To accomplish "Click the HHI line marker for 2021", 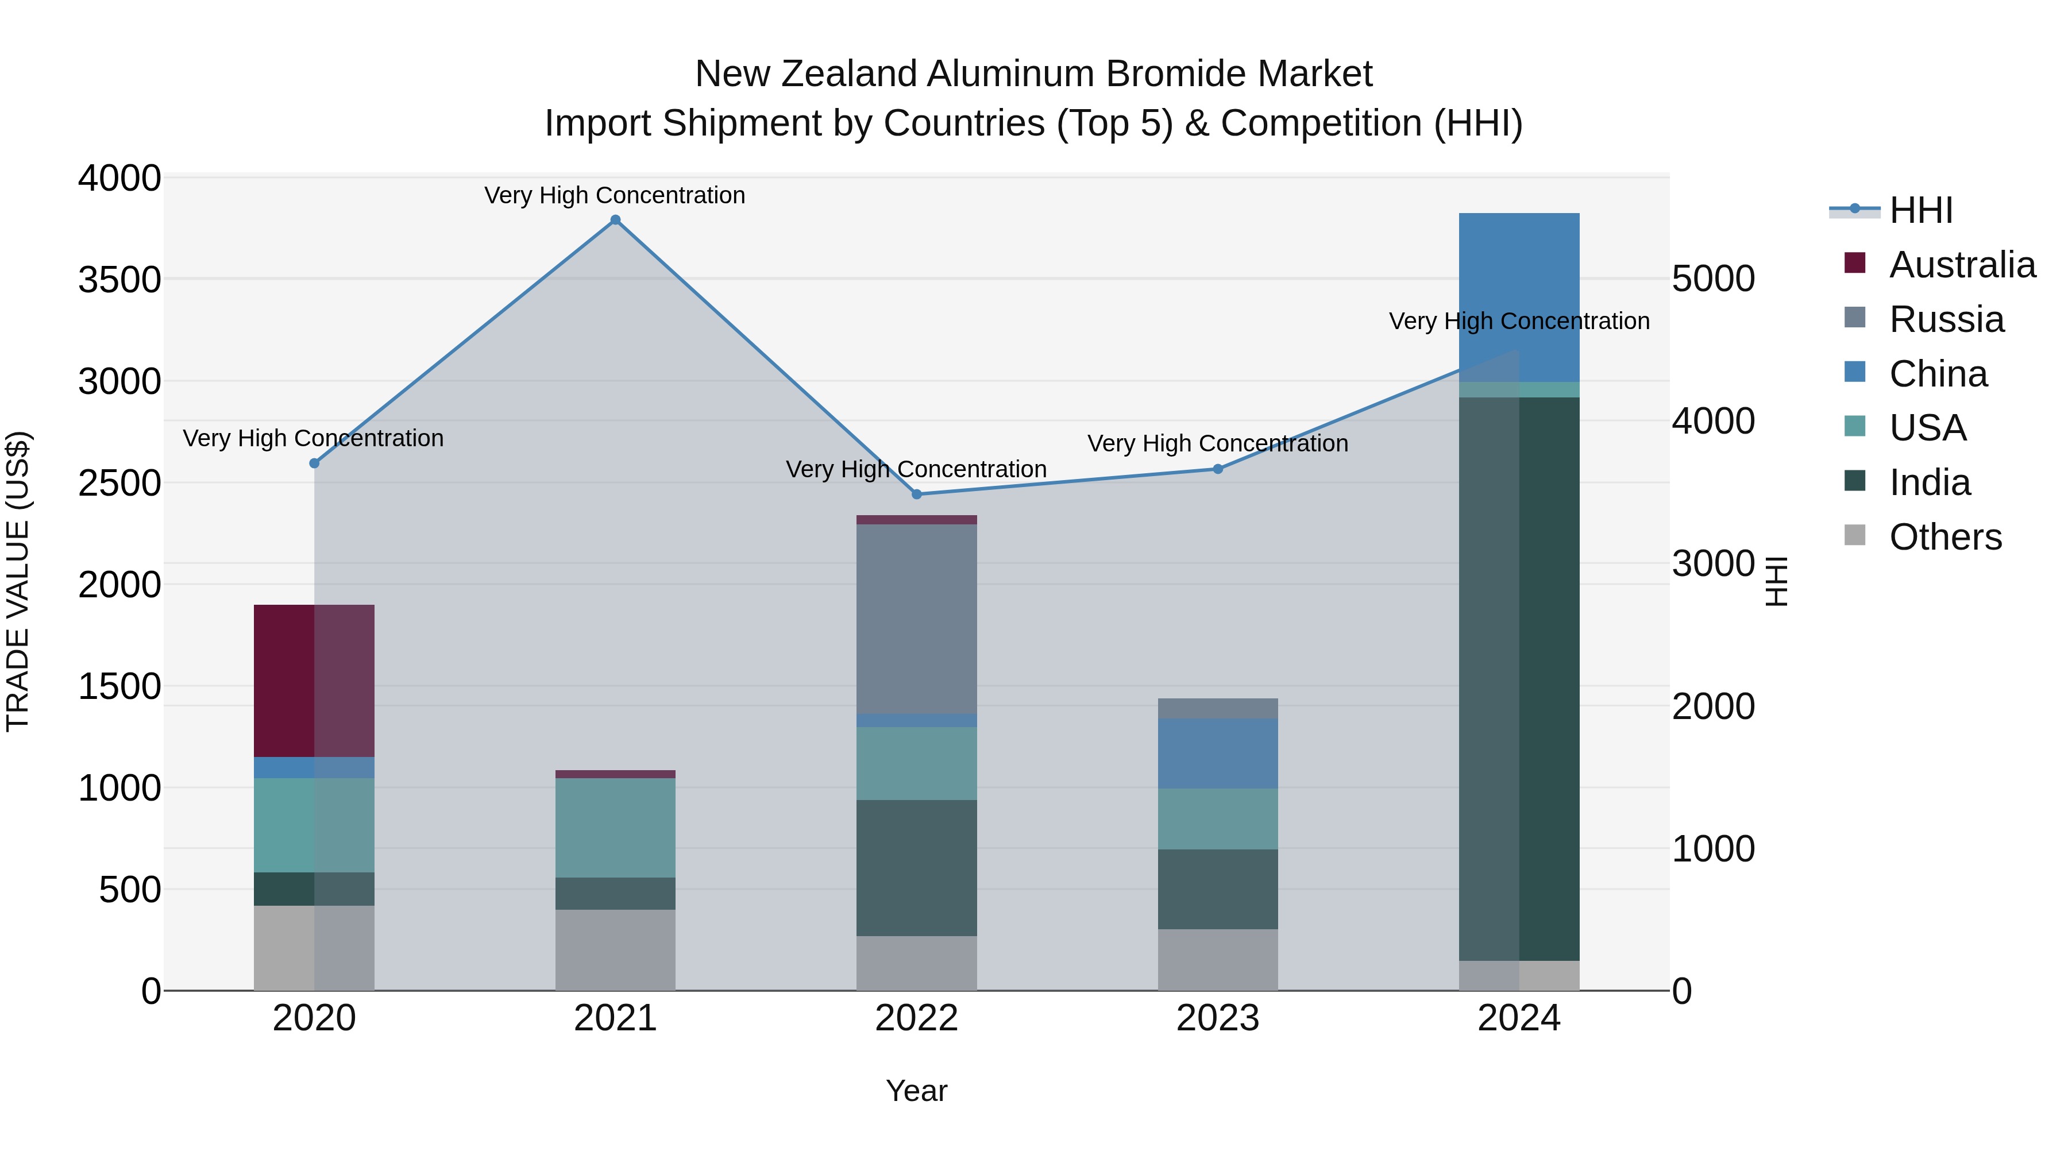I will [615, 220].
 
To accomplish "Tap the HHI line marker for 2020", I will [314, 463].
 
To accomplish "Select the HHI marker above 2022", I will [917, 494].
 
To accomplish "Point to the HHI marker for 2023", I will [1218, 469].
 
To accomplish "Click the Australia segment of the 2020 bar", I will [314, 681].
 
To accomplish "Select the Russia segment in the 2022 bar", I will [917, 619].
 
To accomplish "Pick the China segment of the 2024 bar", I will [1519, 297].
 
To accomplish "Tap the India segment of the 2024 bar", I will [1519, 678].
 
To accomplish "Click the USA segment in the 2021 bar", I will [615, 828].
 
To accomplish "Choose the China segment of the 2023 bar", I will [1218, 753].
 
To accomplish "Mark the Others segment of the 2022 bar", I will [917, 963].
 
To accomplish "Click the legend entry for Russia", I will [1946, 319].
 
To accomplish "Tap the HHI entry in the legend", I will [1920, 210].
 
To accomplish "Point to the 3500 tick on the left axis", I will [119, 280].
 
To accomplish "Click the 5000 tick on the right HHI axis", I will [1713, 279].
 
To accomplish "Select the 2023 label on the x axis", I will [1218, 1018].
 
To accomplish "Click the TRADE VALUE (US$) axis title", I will [18, 581].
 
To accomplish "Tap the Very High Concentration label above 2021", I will [615, 195].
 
